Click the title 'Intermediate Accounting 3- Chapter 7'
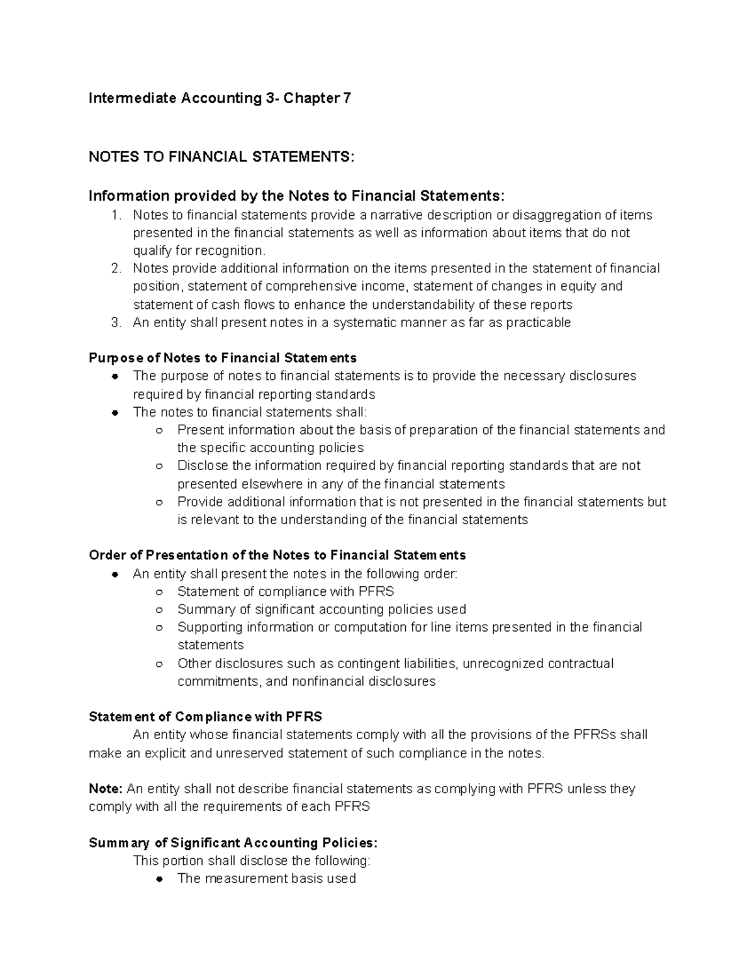pos(220,98)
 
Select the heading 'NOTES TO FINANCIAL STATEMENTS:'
pos(221,157)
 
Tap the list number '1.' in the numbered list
pos(116,215)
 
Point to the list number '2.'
pos(116,269)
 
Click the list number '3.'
pos(116,323)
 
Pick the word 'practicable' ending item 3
pos(539,323)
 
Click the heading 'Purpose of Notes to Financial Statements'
pos(223,358)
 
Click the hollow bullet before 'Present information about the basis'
pos(160,431)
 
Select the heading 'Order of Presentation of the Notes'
pos(277,555)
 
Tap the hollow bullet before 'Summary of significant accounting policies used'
pos(160,610)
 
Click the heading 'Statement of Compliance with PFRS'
pos(205,717)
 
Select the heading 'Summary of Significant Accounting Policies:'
pos(233,843)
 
